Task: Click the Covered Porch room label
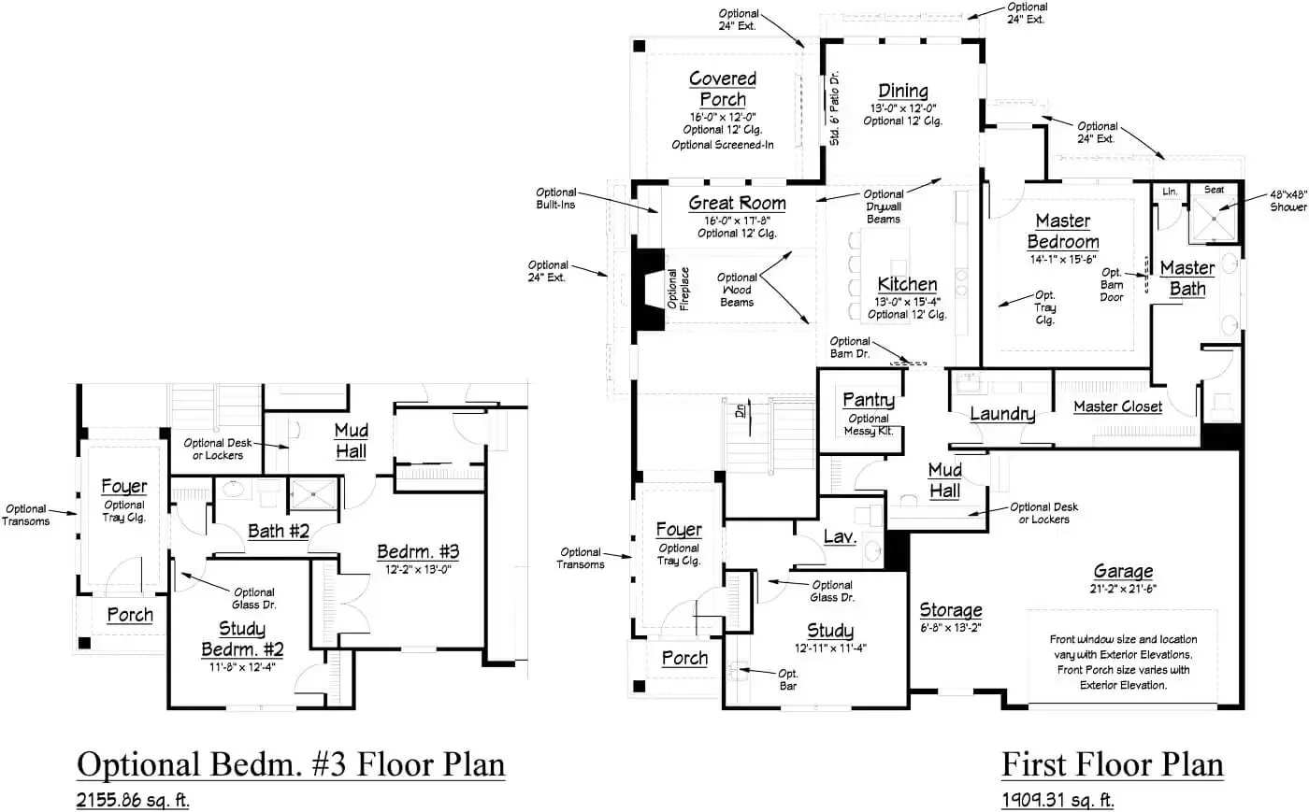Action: click(722, 89)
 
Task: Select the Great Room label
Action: click(737, 203)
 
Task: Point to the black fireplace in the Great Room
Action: click(646, 290)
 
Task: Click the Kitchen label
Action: click(907, 284)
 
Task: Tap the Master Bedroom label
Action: click(1063, 231)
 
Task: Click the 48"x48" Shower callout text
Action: click(1287, 201)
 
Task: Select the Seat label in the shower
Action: click(1214, 190)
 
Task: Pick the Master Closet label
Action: click(1117, 406)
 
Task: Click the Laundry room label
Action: click(1001, 414)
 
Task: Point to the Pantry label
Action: click(868, 400)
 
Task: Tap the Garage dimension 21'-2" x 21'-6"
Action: click(1123, 589)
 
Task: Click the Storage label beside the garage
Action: click(950, 610)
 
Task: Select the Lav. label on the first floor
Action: click(840, 537)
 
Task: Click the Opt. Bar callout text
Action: click(787, 679)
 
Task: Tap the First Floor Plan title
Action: click(1112, 764)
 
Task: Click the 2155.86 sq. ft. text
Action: click(133, 801)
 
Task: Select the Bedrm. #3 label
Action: click(417, 551)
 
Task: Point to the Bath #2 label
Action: click(278, 531)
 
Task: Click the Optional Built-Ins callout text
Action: click(555, 198)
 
